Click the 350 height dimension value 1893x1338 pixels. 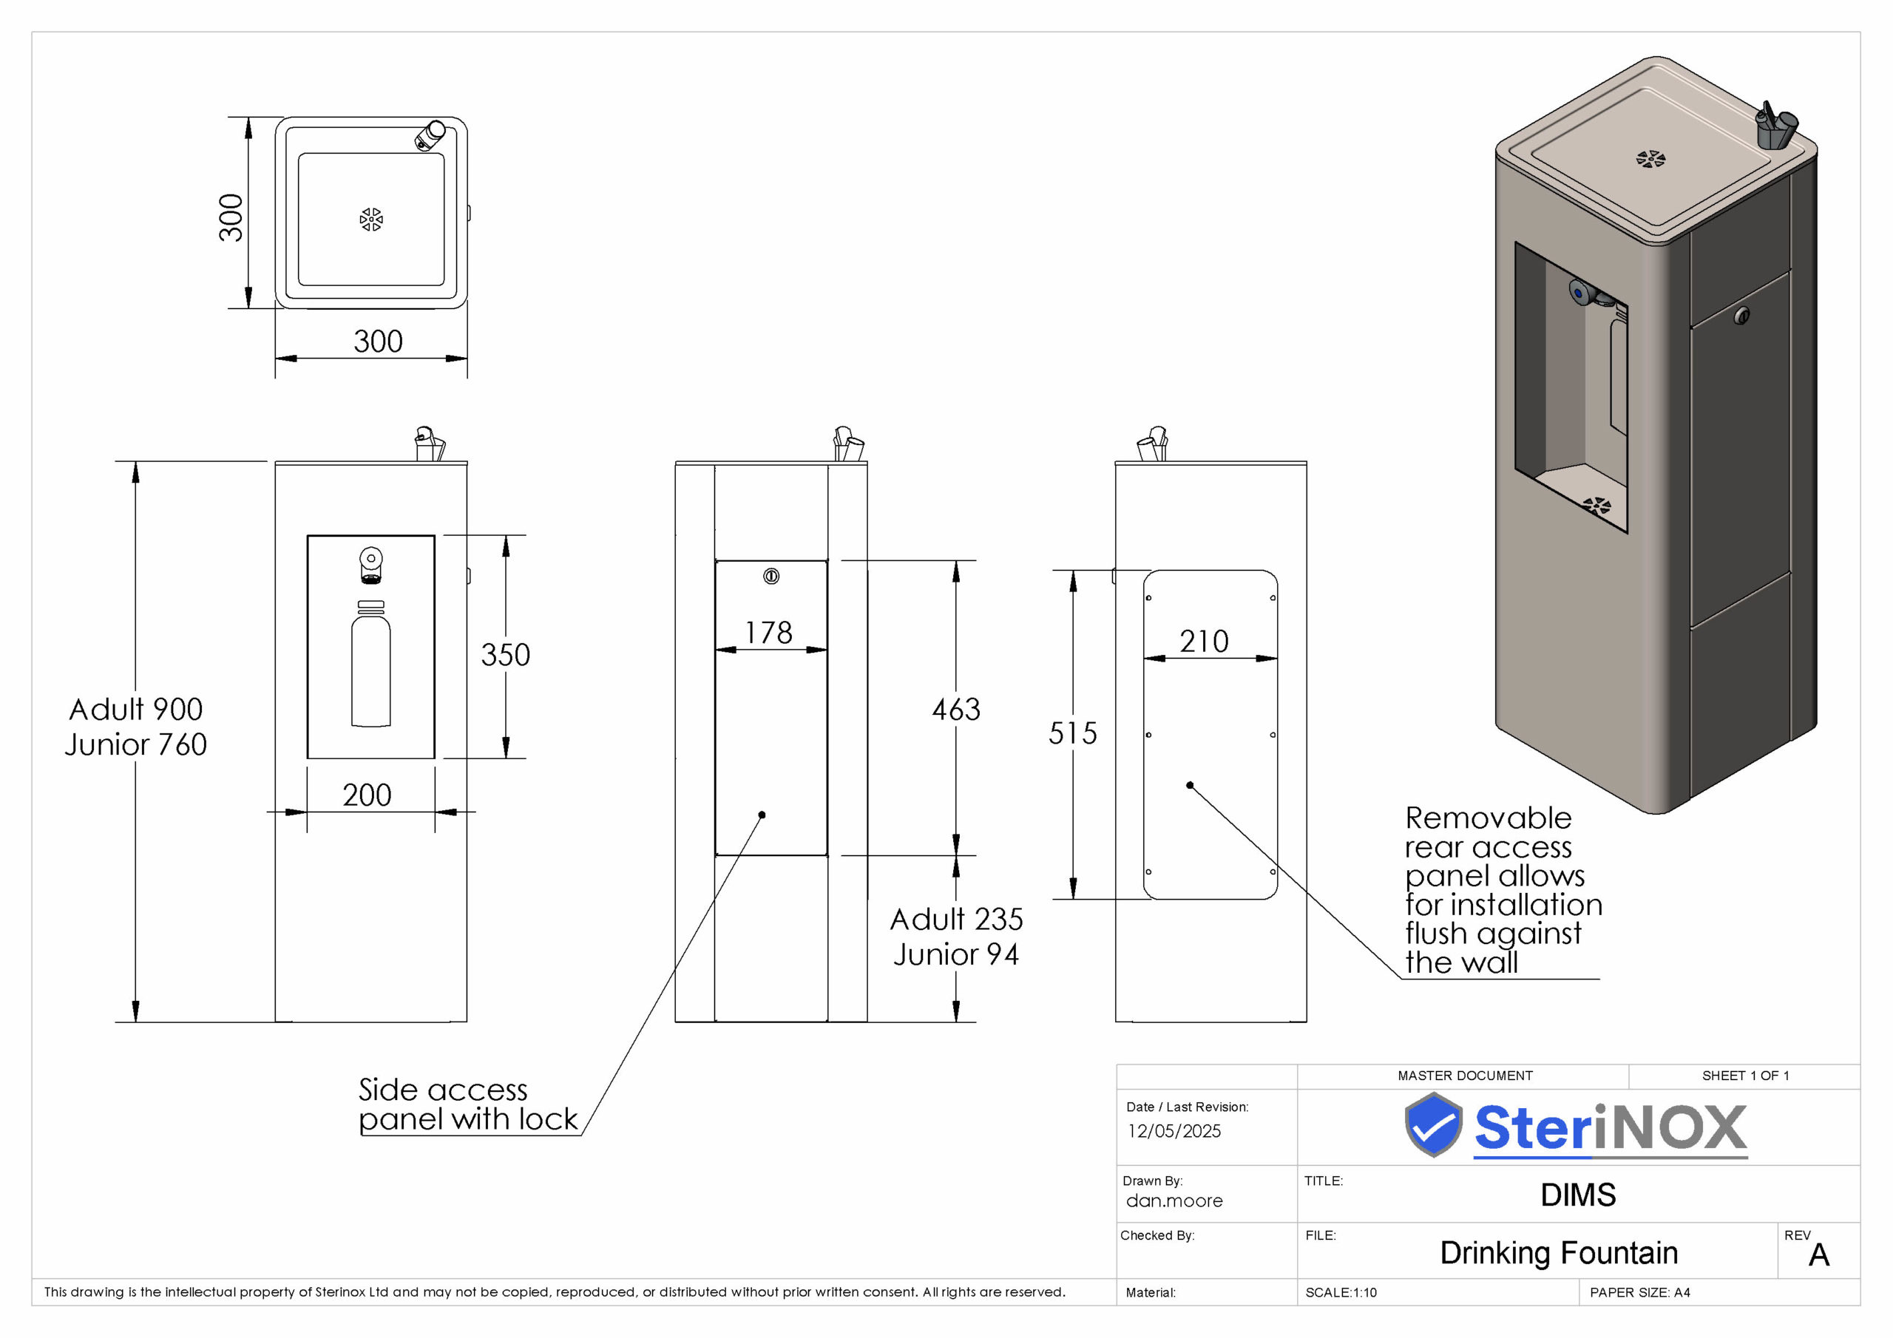pyautogui.click(x=505, y=654)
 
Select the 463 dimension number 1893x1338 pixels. pyautogui.click(x=956, y=709)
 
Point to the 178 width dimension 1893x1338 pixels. pyautogui.click(x=768, y=632)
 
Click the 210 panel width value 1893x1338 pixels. pyautogui.click(x=1204, y=641)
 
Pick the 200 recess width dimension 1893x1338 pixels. pyautogui.click(x=367, y=795)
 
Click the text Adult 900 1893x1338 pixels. pyautogui.click(x=136, y=709)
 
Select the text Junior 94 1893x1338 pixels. pyautogui.click(x=956, y=954)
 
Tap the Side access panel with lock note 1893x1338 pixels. pyautogui.click(x=468, y=1104)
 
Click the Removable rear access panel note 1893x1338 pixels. pyautogui.click(x=1503, y=890)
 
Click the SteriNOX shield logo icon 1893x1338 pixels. pyautogui.click(x=1434, y=1124)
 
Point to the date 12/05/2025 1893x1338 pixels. pyautogui.click(x=1174, y=1131)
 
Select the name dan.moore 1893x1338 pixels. pyautogui.click(x=1174, y=1201)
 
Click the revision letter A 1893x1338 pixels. pyautogui.click(x=1819, y=1254)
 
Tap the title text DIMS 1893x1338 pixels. pyautogui.click(x=1578, y=1195)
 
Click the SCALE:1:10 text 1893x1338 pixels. pyautogui.click(x=1341, y=1293)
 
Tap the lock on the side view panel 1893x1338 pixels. pyautogui.click(x=771, y=577)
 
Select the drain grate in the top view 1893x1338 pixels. pyautogui.click(x=371, y=220)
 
